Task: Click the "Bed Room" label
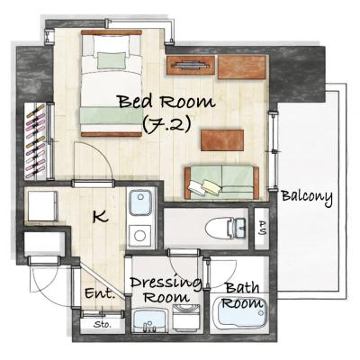[166, 102]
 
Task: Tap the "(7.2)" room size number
[166, 124]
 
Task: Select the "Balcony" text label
[307, 197]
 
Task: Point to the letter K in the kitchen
[101, 216]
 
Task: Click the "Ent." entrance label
[100, 293]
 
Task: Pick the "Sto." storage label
[103, 324]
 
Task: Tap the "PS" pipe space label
[262, 228]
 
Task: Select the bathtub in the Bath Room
[240, 313]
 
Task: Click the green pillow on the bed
[112, 60]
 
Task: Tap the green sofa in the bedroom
[221, 182]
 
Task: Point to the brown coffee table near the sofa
[222, 140]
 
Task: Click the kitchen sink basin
[140, 202]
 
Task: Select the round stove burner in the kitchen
[140, 236]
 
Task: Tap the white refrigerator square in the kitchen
[42, 206]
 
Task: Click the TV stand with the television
[191, 65]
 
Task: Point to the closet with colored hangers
[36, 141]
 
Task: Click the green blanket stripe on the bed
[112, 115]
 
